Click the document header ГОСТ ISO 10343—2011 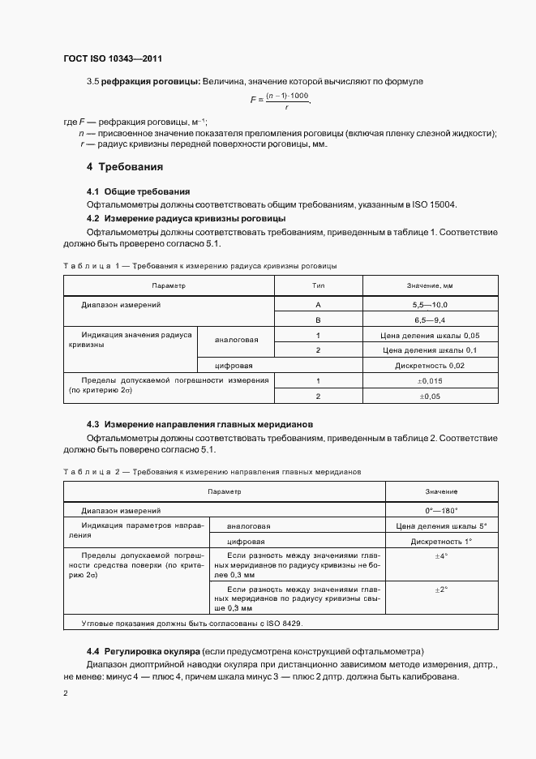[118, 58]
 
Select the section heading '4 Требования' [125, 167]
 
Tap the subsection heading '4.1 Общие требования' [138, 191]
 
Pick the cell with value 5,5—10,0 [430, 304]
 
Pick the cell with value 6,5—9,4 [430, 319]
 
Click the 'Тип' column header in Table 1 [319, 286]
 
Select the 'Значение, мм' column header [430, 286]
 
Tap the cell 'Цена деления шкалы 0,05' [430, 335]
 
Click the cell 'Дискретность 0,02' [430, 366]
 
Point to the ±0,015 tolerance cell [430, 381]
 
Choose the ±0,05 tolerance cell [430, 397]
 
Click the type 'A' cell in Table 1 [319, 304]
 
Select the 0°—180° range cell [441, 511]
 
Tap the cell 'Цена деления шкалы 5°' [441, 526]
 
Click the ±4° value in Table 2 [441, 557]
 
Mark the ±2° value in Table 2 [441, 590]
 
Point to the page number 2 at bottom [66, 693]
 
